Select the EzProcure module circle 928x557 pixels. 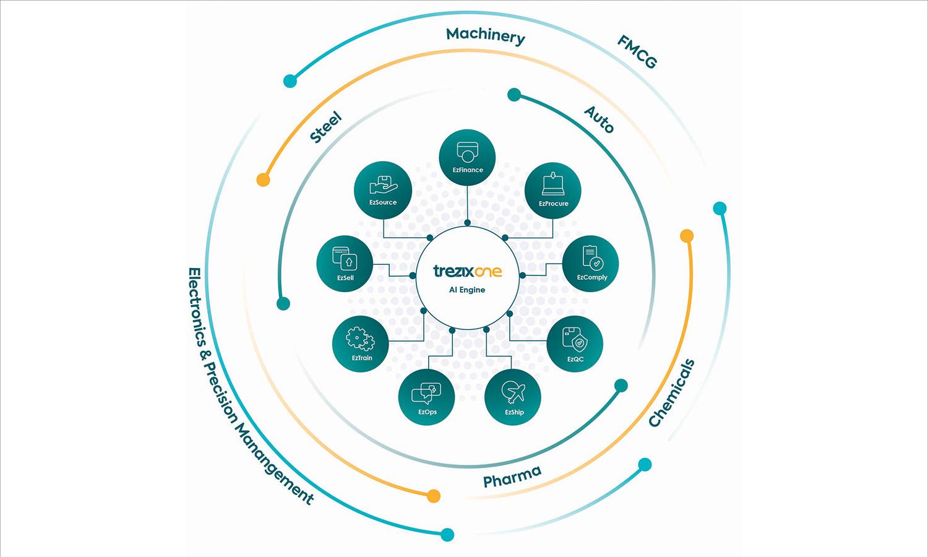(x=553, y=190)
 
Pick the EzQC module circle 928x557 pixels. (x=575, y=344)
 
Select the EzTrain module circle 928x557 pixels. (x=361, y=344)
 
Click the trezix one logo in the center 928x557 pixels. (x=467, y=271)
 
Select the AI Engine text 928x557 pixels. (x=467, y=290)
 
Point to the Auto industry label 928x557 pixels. (x=599, y=119)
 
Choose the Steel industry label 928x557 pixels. (x=326, y=127)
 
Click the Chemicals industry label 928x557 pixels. (x=672, y=393)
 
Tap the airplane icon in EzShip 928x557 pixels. (x=513, y=391)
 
